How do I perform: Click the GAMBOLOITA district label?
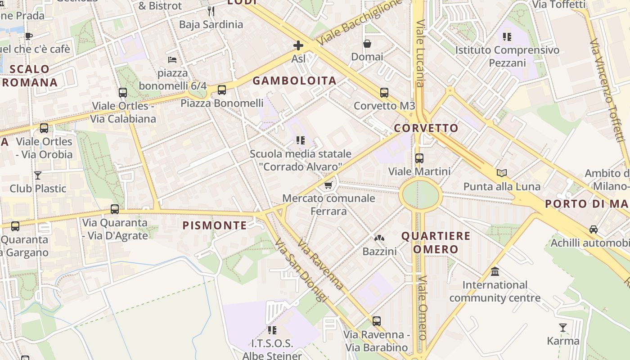[x=294, y=81]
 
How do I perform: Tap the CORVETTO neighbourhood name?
[x=426, y=128]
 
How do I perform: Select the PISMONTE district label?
[x=215, y=225]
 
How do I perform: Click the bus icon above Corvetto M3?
[x=384, y=93]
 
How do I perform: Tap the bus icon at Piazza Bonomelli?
[x=222, y=90]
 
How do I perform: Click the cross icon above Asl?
[x=298, y=45]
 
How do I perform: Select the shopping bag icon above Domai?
[x=367, y=44]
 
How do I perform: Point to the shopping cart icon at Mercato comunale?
[x=328, y=185]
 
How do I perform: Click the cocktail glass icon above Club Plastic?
[x=38, y=175]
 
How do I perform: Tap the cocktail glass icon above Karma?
[x=563, y=328]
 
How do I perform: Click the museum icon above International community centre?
[x=495, y=272]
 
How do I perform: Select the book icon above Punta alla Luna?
[x=502, y=173]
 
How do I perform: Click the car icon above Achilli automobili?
[x=594, y=229]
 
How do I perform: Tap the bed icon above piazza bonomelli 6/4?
[x=172, y=59]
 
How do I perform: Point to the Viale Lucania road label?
[x=420, y=53]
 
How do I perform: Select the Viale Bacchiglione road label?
[x=359, y=22]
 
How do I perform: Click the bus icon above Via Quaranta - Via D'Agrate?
[x=115, y=209]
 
